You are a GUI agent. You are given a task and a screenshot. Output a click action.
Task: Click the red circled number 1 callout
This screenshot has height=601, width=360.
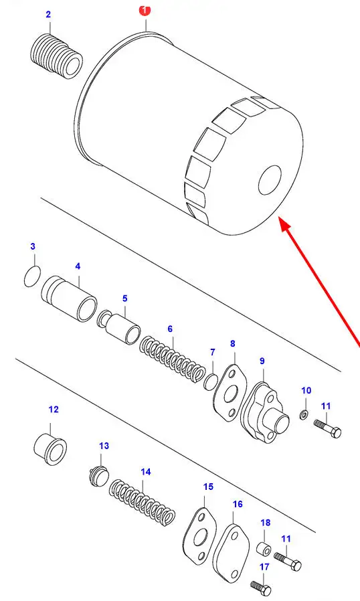(145, 10)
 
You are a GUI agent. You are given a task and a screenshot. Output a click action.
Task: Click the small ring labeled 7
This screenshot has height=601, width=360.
(211, 381)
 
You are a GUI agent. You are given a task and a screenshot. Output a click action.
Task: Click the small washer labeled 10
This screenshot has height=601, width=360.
(304, 414)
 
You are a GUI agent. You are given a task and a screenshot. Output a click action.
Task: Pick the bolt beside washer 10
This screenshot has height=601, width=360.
(327, 428)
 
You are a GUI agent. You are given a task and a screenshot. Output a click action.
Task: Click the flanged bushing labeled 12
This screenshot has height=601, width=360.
(50, 448)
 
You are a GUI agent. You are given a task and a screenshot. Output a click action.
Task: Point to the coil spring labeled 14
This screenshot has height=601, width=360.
(142, 502)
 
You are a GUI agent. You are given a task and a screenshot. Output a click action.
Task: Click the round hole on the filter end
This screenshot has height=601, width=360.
(270, 180)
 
